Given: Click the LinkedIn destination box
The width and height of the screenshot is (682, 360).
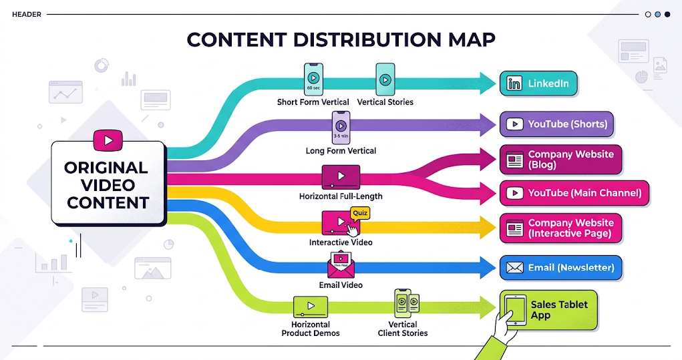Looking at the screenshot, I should [539, 84].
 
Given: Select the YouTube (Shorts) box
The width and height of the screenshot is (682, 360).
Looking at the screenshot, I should [556, 124].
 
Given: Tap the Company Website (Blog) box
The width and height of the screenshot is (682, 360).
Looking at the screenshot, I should [561, 159].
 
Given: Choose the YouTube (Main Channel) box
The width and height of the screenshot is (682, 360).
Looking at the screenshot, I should [574, 193].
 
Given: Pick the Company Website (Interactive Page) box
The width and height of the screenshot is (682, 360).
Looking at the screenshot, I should [561, 228].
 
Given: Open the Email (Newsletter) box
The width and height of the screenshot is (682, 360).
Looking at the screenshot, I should [561, 268].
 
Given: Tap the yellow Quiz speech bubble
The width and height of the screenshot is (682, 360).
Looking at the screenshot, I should [360, 213].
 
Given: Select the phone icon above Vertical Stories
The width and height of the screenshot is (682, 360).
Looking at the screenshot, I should [385, 79].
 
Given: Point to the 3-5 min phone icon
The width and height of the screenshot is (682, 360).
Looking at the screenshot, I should [341, 127].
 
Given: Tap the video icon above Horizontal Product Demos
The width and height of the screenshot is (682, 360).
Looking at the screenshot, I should [310, 307].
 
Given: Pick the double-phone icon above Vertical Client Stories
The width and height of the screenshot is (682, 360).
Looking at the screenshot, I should [407, 303].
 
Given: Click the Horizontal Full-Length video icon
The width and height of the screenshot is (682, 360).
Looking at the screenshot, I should [341, 177].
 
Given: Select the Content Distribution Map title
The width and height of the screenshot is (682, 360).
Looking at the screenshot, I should [341, 39].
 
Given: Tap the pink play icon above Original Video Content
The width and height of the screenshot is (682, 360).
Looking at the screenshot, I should [107, 140].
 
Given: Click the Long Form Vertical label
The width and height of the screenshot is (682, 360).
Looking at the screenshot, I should [341, 151].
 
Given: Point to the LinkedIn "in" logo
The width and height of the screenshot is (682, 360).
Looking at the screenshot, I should [514, 84].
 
